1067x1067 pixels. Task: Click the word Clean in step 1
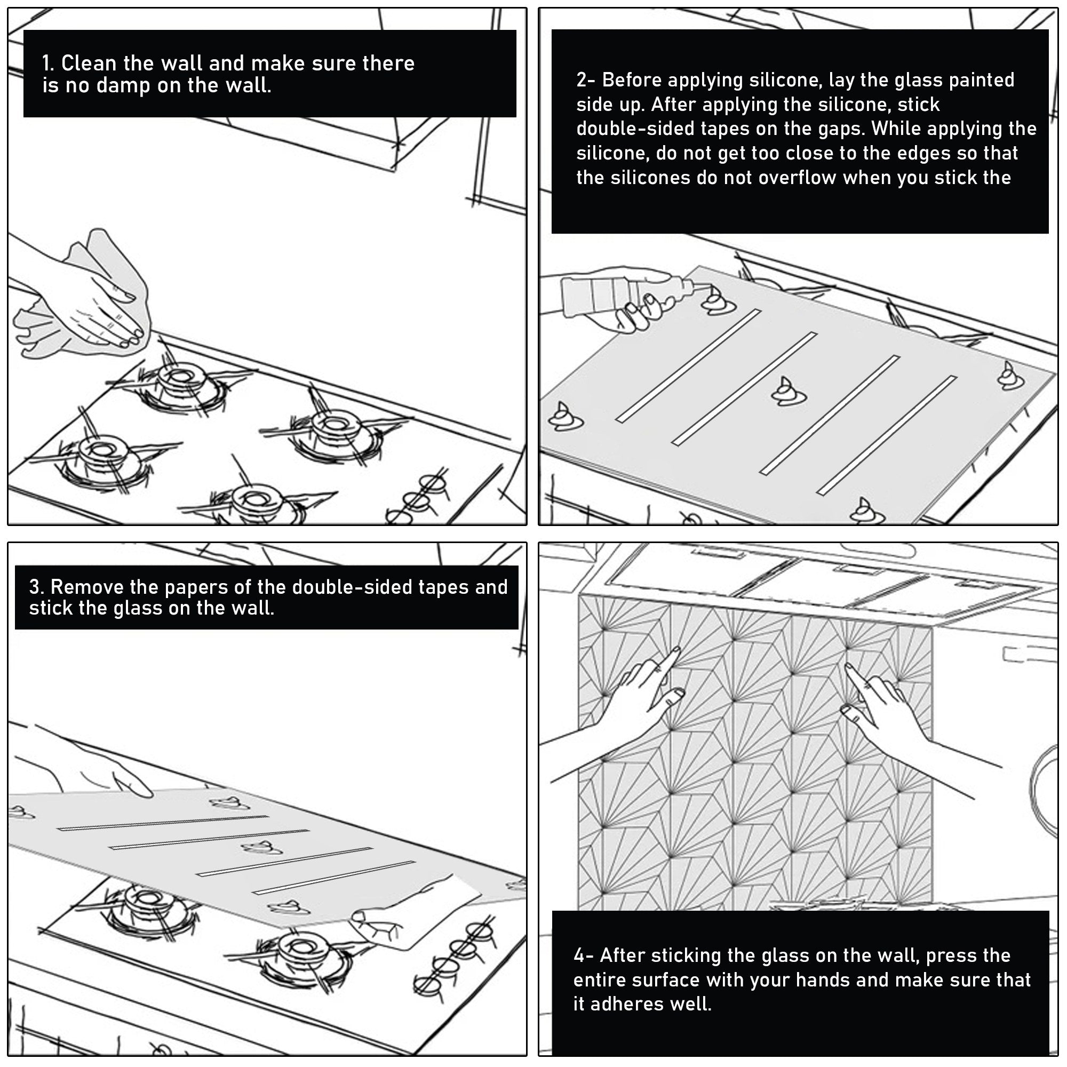click(x=89, y=63)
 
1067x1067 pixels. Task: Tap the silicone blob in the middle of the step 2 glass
click(x=788, y=392)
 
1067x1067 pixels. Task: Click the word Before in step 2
click(x=632, y=80)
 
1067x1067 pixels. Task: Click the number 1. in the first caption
click(x=48, y=63)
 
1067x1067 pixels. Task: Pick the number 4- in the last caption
click(x=583, y=955)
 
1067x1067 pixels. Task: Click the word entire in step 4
click(x=600, y=980)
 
